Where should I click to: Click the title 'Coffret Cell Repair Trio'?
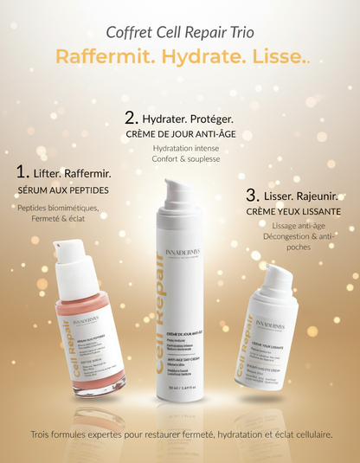pyautogui.click(x=180, y=32)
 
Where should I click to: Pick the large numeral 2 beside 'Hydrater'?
pyautogui.click(x=131, y=117)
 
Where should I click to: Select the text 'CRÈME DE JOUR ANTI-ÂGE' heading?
pyautogui.click(x=180, y=135)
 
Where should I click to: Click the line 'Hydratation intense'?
pyautogui.click(x=180, y=150)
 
